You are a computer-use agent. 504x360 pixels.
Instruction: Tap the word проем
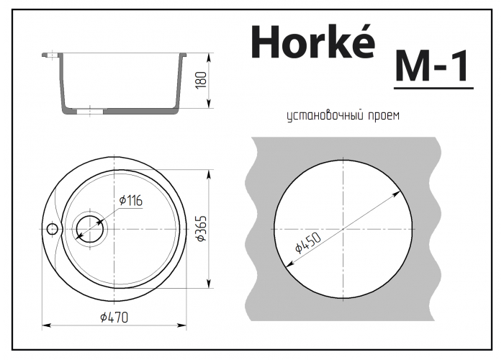(x=382, y=115)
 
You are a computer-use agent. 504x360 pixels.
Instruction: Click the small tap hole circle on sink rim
(x=52, y=229)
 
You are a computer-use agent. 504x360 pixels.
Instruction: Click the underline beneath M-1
(x=433, y=89)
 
